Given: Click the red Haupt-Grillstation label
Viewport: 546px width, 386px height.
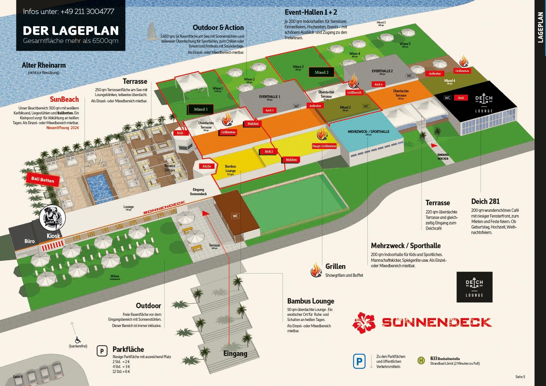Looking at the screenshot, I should tap(324, 146).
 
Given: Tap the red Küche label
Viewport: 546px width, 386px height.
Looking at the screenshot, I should tap(207, 166).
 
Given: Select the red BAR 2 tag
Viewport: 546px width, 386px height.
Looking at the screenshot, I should tap(269, 152).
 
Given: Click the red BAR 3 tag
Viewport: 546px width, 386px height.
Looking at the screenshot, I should tap(269, 110).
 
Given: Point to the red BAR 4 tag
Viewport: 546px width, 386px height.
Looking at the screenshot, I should tap(378, 84).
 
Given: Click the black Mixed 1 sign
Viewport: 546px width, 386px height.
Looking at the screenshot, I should tap(201, 109).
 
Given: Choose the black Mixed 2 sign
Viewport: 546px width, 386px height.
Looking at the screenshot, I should tap(322, 72).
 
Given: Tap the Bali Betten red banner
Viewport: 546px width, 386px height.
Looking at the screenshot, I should tap(43, 179).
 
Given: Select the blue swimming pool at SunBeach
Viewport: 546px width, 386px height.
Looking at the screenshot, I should tap(99, 186).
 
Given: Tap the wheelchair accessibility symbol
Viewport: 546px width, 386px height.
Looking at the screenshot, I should tap(78, 340).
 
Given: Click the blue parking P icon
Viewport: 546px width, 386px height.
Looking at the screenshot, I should tap(359, 361).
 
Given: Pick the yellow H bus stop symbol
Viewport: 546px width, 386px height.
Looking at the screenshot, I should tap(421, 361).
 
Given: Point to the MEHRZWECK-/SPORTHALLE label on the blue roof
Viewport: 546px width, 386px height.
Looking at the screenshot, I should tap(368, 132).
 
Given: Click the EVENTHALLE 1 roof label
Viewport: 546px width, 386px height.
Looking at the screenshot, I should tap(269, 97).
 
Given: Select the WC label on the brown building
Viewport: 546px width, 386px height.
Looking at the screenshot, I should tap(235, 216).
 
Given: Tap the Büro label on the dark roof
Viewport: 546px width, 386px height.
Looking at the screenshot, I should tap(29, 241).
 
